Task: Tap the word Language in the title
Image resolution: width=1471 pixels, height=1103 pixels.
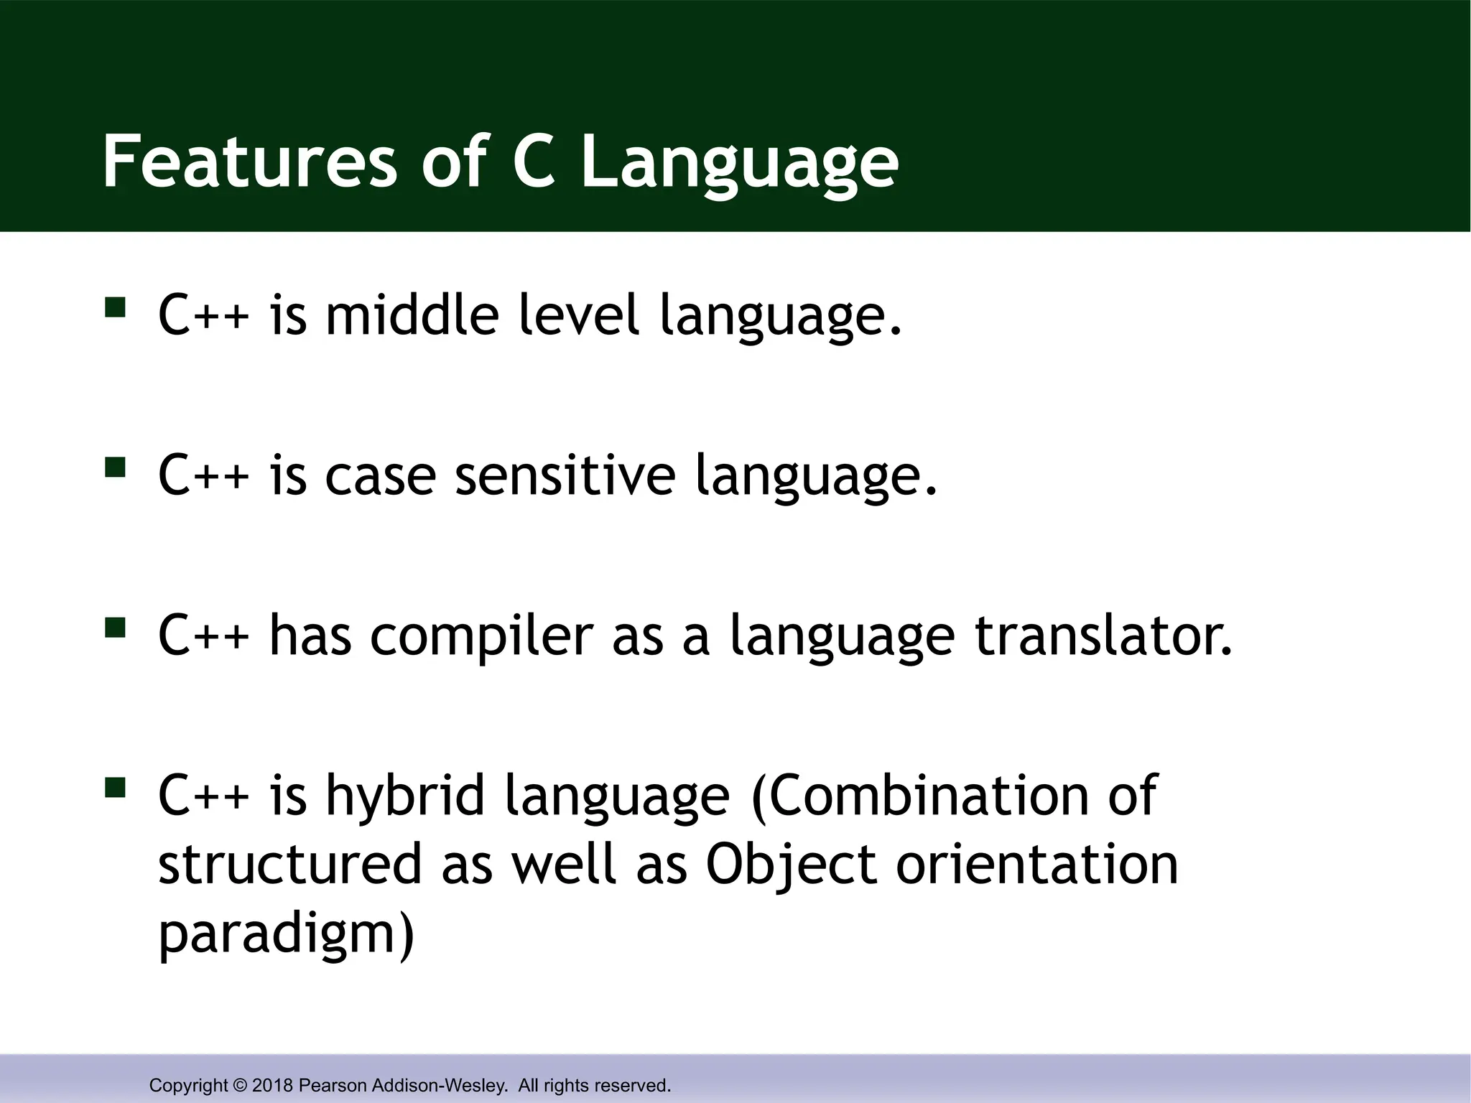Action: [739, 164]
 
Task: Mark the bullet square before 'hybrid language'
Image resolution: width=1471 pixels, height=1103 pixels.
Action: [115, 788]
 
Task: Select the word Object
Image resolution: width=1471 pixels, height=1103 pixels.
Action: [791, 865]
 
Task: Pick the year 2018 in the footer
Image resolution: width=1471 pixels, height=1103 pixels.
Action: [272, 1085]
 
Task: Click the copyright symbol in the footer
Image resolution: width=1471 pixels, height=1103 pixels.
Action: [239, 1085]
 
